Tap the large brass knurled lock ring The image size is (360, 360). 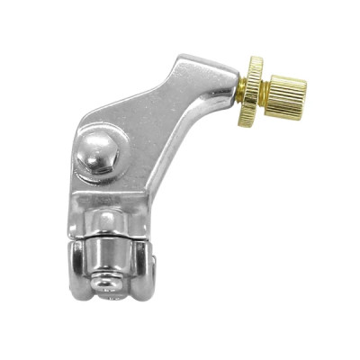[x=255, y=88]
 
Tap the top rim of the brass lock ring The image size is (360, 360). [x=255, y=59]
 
